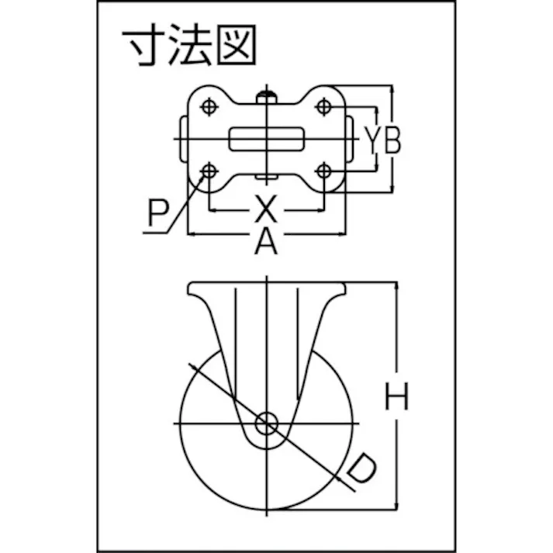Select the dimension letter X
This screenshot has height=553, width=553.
pyautogui.click(x=265, y=209)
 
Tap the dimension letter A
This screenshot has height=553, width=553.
pyautogui.click(x=266, y=244)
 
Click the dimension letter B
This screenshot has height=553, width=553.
pyautogui.click(x=392, y=140)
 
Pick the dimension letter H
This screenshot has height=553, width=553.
pyautogui.click(x=397, y=399)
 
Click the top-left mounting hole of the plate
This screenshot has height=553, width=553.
pyautogui.click(x=209, y=107)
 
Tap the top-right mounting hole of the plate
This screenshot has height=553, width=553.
pyautogui.click(x=324, y=107)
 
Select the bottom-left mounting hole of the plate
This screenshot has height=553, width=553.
pyautogui.click(x=209, y=170)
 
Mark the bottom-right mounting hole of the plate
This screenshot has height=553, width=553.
pyautogui.click(x=324, y=170)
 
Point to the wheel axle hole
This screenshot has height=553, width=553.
pyautogui.click(x=267, y=423)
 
